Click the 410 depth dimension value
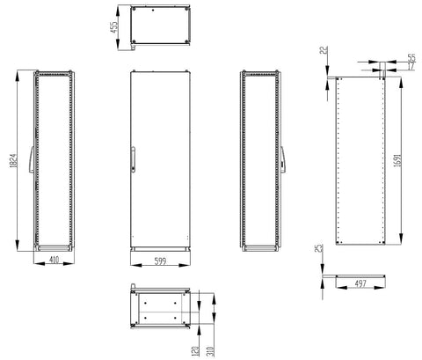(53, 261)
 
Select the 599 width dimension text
(160, 261)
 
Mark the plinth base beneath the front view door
(159, 249)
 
